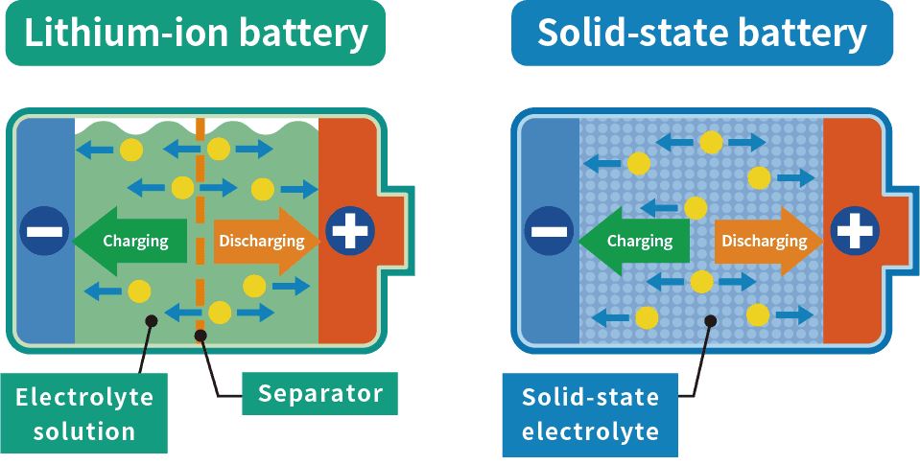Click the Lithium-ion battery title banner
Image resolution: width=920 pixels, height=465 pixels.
pyautogui.click(x=196, y=34)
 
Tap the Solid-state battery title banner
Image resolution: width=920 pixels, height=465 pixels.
pyautogui.click(x=701, y=34)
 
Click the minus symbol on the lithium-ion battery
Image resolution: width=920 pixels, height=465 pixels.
pyautogui.click(x=44, y=231)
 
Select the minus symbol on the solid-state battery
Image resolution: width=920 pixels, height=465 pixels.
pyautogui.click(x=550, y=231)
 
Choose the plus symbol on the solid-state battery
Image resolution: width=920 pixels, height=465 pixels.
pyautogui.click(x=856, y=231)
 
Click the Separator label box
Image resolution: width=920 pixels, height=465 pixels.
pyautogui.click(x=319, y=393)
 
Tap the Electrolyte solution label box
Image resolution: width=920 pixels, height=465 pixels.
pyautogui.click(x=84, y=414)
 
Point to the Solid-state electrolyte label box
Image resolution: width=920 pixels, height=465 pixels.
pyautogui.click(x=590, y=415)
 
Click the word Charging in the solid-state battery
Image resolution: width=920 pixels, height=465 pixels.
pyautogui.click(x=640, y=241)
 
